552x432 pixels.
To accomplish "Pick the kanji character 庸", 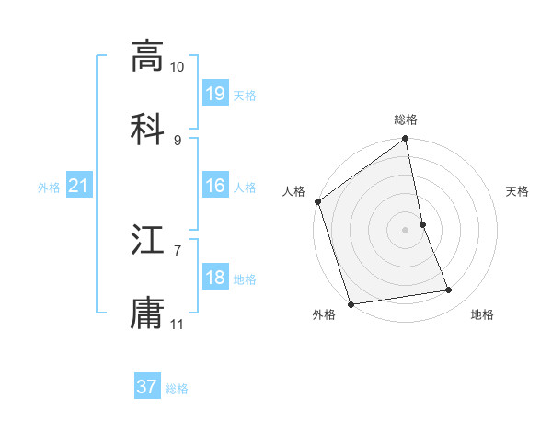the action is [147, 313].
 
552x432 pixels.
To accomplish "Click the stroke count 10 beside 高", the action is [178, 67].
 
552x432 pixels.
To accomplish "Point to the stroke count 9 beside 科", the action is [178, 140].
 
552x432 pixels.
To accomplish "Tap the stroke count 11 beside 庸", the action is [178, 324].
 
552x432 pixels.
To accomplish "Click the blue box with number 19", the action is [215, 94].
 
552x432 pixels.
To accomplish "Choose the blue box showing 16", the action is [215, 186].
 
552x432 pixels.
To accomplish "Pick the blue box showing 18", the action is [215, 278].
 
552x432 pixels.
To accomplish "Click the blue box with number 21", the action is [79, 187].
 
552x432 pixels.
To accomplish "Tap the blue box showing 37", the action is [147, 387].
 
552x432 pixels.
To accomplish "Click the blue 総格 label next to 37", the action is [177, 389].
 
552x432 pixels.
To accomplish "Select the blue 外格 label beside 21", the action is [49, 188].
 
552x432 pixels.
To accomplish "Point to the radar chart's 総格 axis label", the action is [406, 119].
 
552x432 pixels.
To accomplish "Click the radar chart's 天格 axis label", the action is [518, 191].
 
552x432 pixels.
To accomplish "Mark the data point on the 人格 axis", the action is [318, 201].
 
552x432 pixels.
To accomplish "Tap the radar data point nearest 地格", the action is [449, 290].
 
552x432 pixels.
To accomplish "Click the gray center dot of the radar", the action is [406, 230].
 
